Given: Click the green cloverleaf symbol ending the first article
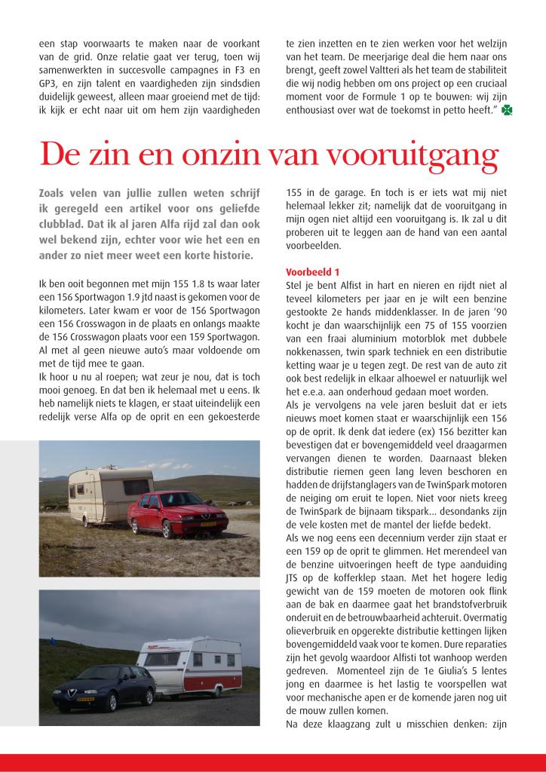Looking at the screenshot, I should click(x=510, y=111).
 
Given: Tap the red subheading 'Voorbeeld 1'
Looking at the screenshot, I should click(x=312, y=271).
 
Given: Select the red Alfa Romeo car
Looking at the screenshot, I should click(x=176, y=513).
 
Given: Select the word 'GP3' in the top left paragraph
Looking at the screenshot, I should click(x=48, y=84).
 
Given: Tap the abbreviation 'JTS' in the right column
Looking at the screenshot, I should click(x=293, y=580).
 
